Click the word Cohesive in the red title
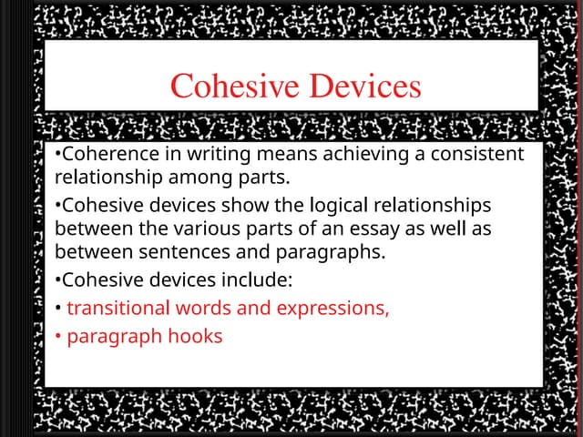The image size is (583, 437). click(x=232, y=86)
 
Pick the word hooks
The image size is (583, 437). click(x=194, y=336)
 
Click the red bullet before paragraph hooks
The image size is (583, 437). click(x=57, y=336)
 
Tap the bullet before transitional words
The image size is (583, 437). click(x=57, y=308)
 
